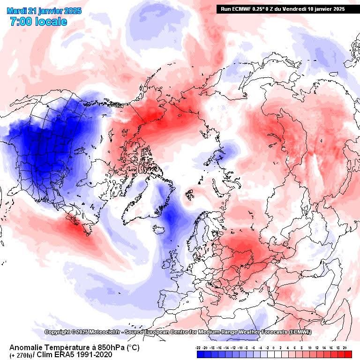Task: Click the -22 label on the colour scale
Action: click(x=199, y=348)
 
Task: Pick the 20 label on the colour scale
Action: click(x=345, y=348)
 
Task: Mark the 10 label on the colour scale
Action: click(x=310, y=348)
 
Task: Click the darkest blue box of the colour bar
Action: click(x=200, y=355)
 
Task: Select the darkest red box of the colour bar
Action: click(x=348, y=355)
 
